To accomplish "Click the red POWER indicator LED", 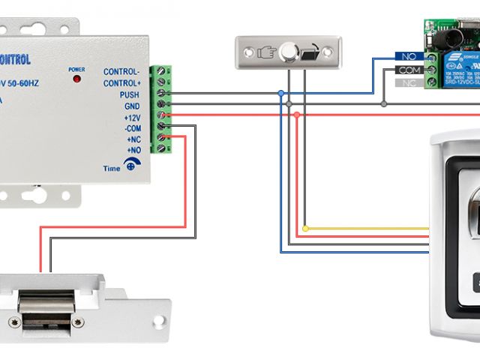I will pos(76,79).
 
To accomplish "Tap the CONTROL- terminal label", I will pos(121,71).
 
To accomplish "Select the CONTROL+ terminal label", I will pos(121,83).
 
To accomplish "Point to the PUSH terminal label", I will pos(129,94).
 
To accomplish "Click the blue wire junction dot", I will pos(280,94).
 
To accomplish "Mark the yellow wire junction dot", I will pos(305,228).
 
